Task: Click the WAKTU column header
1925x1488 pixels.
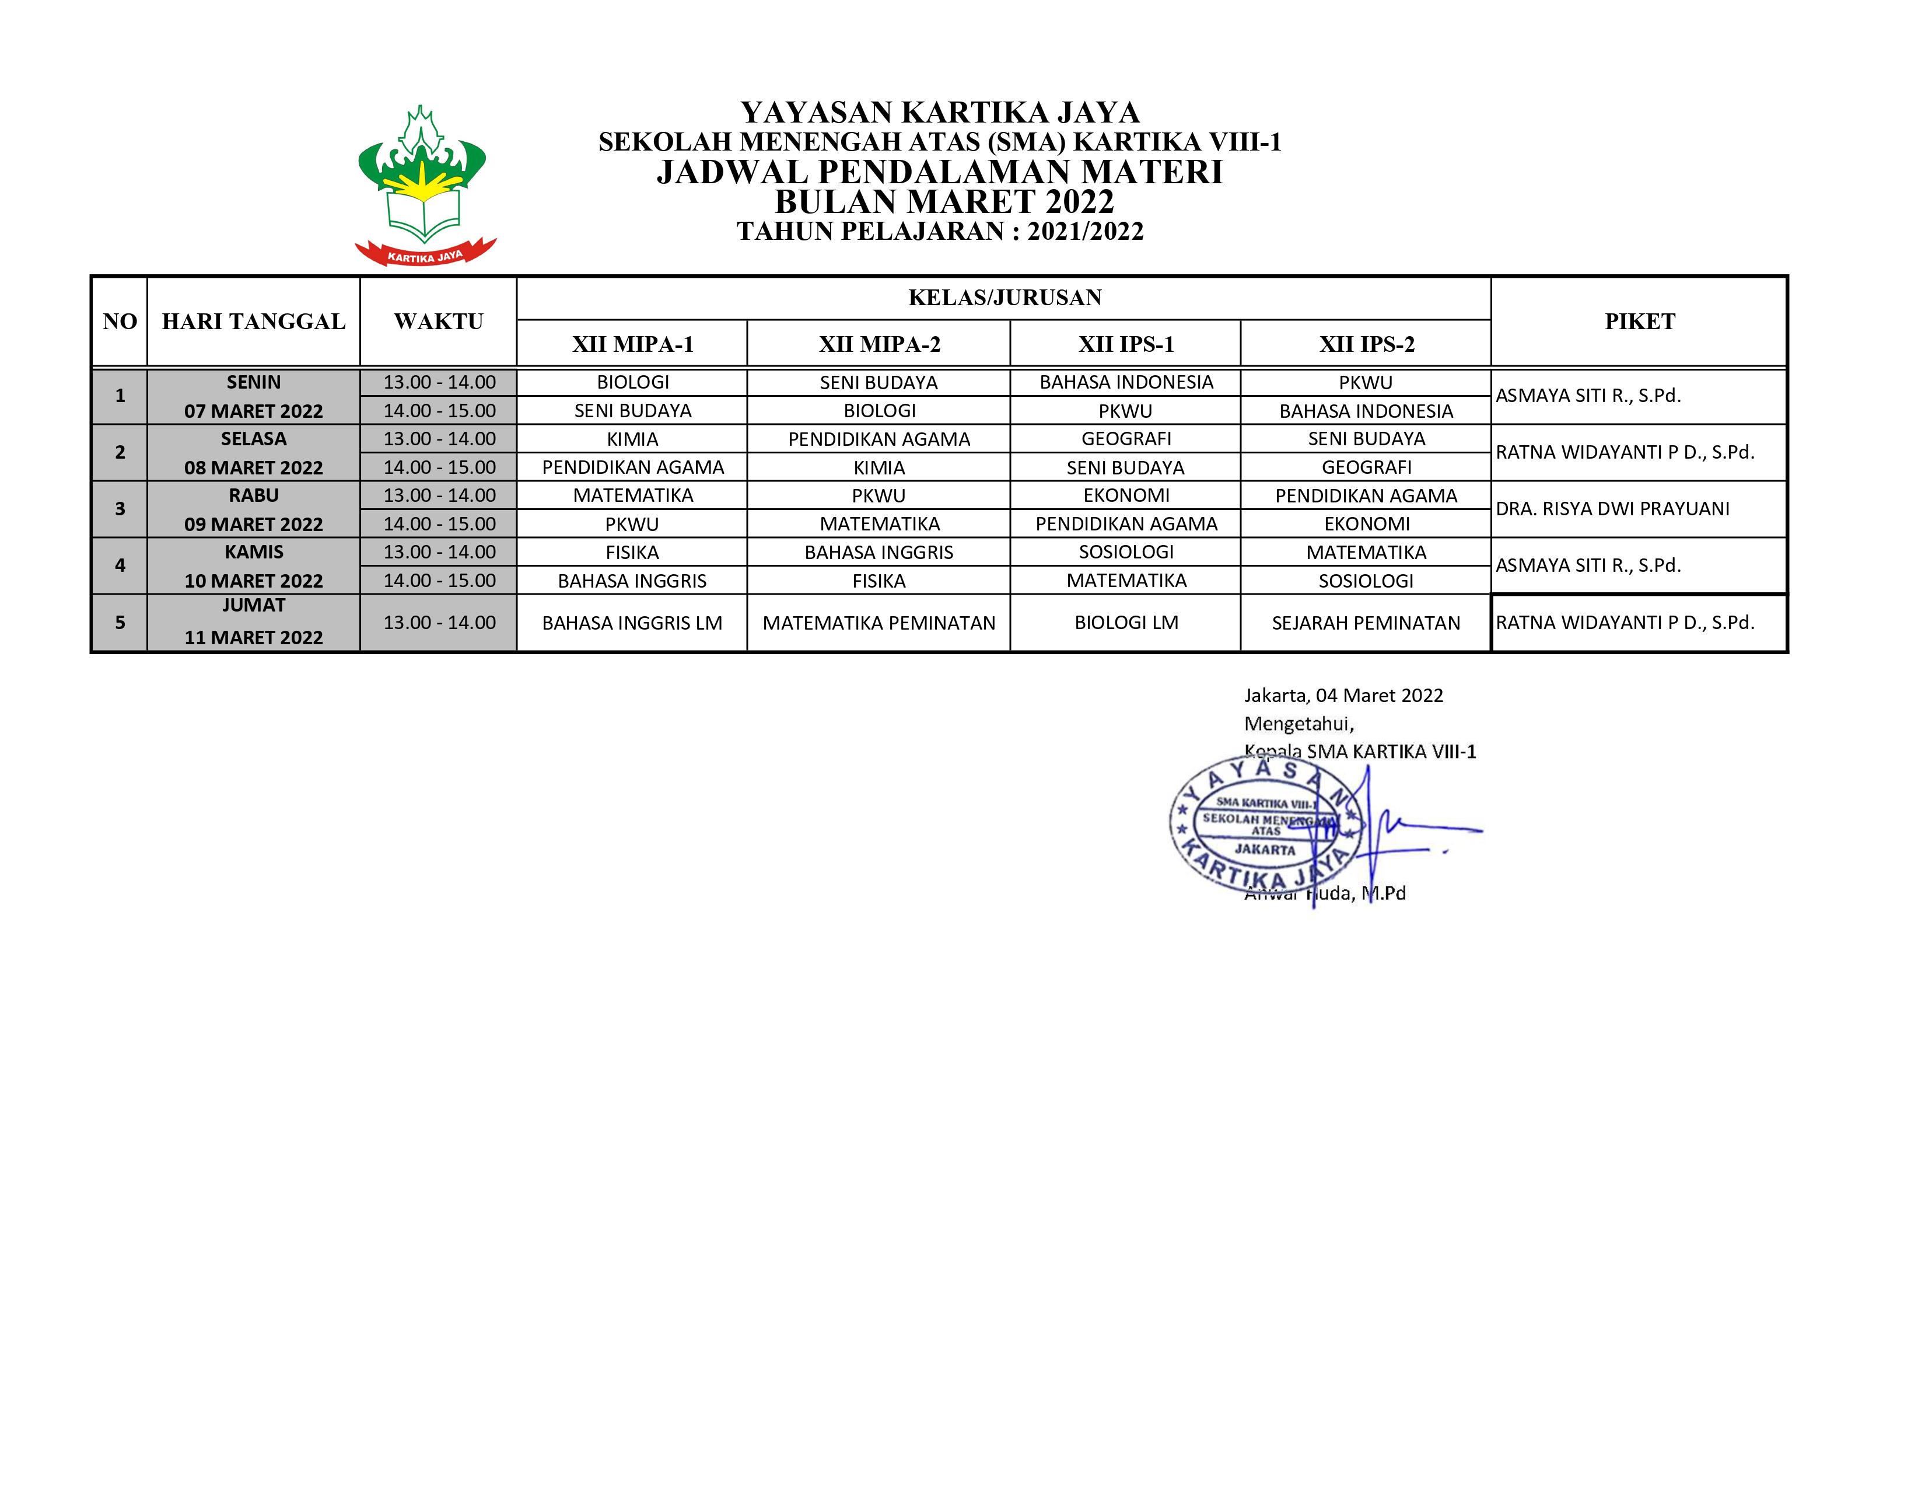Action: click(438, 322)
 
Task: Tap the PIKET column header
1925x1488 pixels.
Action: click(1639, 322)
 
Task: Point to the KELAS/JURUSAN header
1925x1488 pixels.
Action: click(1004, 298)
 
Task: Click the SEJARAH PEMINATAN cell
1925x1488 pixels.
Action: click(1366, 623)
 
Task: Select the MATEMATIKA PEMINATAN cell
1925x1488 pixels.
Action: click(878, 623)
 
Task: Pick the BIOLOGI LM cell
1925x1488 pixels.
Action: click(1126, 623)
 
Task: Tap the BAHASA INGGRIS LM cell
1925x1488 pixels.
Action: click(632, 623)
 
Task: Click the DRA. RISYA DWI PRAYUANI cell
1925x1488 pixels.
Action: click(1612, 509)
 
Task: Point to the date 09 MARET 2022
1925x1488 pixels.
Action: click(254, 525)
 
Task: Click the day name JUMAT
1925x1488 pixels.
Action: click(254, 606)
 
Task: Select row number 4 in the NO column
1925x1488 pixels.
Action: click(120, 566)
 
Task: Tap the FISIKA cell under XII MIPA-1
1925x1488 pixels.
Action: click(632, 553)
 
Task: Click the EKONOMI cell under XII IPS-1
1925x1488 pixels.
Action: click(1126, 495)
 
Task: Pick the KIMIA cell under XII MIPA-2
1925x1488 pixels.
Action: click(878, 468)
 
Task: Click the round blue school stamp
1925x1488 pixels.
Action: click(1266, 825)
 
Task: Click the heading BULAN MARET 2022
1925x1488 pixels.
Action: click(944, 202)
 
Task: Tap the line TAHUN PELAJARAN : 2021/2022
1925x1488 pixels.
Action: click(940, 232)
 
